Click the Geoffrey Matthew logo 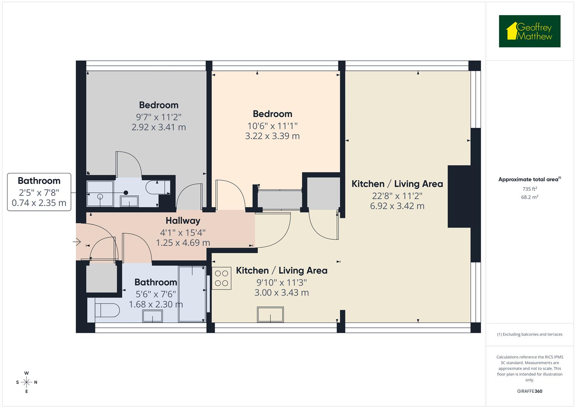click(529, 31)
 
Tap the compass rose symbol click(26, 382)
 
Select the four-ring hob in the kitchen click(221, 278)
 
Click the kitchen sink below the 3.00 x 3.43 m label click(270, 314)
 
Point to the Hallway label click(183, 221)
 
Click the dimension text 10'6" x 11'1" click(272, 125)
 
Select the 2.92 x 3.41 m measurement click(158, 127)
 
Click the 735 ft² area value click(529, 189)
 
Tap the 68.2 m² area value click(529, 197)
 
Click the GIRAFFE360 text click(529, 391)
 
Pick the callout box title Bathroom click(39, 181)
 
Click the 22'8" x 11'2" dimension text click(397, 196)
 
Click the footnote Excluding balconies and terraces click(529, 334)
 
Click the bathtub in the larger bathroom click(192, 294)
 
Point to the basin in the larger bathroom click(152, 316)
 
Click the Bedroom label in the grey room click(158, 105)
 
